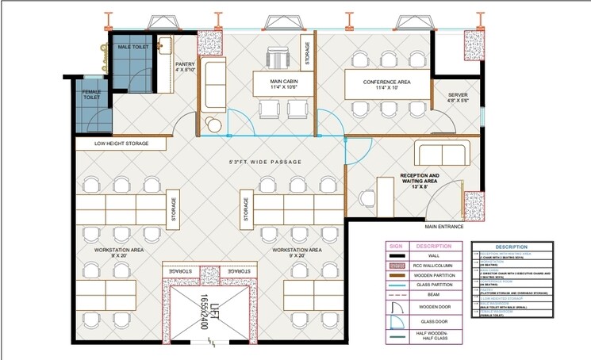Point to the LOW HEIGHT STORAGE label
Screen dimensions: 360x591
click(121, 144)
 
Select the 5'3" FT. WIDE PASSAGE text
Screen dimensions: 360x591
click(265, 162)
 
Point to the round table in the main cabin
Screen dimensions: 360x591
click(213, 124)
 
